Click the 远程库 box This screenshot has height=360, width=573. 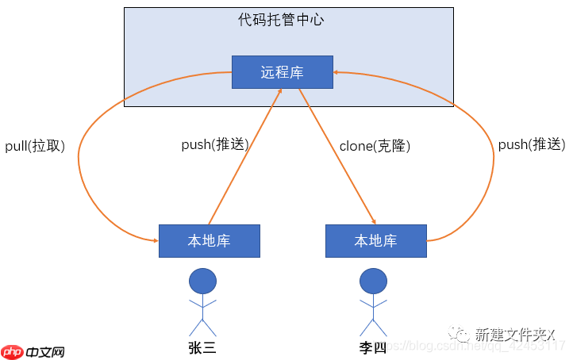282,72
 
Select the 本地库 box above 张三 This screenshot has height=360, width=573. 209,241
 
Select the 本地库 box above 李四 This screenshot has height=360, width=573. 375,241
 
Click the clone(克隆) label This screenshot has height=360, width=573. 375,146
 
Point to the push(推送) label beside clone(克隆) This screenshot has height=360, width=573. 214,145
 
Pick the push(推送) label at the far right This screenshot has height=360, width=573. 531,145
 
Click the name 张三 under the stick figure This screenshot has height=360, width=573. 202,347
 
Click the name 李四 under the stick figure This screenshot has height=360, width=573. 372,347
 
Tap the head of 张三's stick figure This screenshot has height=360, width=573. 202,281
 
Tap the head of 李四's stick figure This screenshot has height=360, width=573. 372,281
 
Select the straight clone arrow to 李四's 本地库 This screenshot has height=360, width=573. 336,155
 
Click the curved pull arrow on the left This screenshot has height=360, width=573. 80,159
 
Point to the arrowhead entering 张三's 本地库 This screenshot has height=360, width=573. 153,239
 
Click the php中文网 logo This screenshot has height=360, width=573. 33,352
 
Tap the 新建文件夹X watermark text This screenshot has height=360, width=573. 514,334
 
